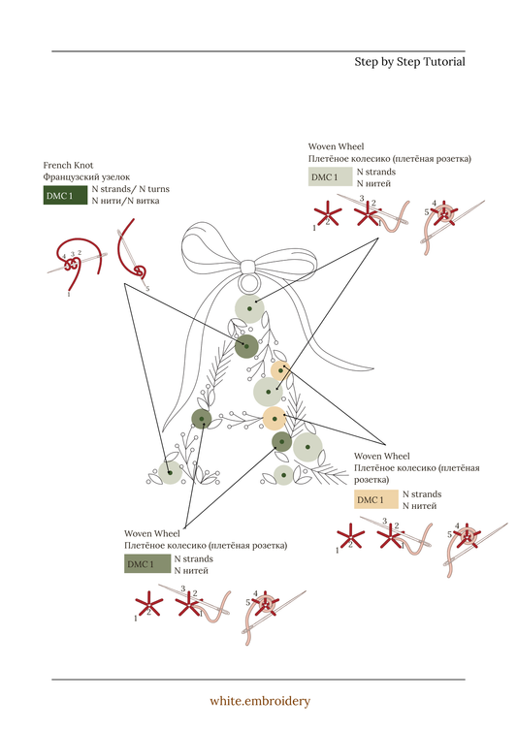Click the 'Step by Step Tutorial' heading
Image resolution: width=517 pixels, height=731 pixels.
(409, 62)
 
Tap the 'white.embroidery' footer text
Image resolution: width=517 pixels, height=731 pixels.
(260, 701)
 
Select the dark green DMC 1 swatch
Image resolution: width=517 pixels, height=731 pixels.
(65, 195)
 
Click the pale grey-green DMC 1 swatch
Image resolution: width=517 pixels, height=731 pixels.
(330, 176)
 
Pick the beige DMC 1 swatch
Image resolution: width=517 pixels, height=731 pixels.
(376, 499)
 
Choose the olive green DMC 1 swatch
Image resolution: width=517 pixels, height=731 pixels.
(147, 563)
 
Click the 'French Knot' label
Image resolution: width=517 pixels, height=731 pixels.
(68, 165)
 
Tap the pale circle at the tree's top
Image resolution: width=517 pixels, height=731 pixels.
(249, 308)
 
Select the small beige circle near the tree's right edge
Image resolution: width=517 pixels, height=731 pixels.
(280, 370)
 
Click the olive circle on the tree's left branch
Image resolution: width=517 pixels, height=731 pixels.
(202, 419)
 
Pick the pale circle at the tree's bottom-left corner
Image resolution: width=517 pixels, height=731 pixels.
(170, 473)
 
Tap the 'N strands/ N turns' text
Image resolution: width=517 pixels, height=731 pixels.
(131, 189)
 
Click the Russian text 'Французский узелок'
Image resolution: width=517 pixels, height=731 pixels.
(86, 177)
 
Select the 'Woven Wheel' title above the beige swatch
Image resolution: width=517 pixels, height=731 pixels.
(381, 456)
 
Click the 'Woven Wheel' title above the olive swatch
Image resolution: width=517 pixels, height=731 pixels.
(152, 533)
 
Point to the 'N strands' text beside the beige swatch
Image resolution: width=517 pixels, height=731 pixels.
(422, 493)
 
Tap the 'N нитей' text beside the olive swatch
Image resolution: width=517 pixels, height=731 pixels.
(191, 571)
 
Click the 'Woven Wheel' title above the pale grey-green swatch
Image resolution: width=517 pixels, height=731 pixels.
(336, 146)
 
